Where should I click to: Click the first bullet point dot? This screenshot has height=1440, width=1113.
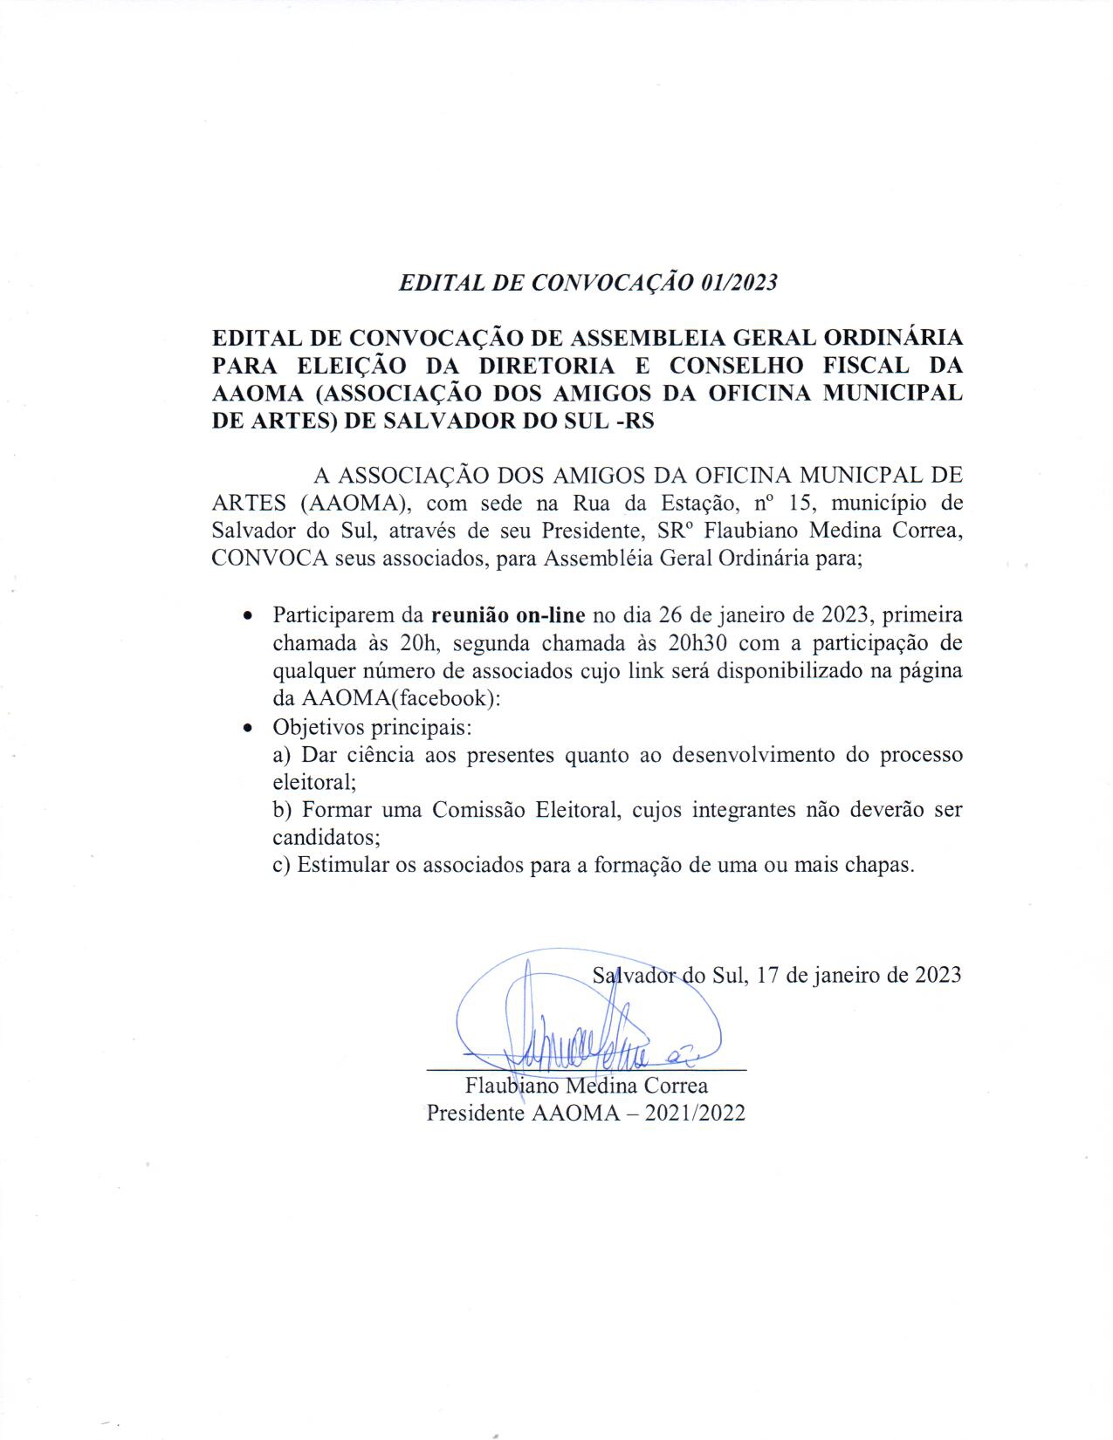pyautogui.click(x=250, y=616)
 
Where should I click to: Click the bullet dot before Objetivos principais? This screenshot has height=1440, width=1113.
pyautogui.click(x=250, y=727)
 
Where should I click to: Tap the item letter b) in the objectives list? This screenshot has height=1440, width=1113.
pyautogui.click(x=283, y=810)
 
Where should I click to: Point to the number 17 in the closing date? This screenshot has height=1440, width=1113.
pyautogui.click(x=768, y=975)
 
